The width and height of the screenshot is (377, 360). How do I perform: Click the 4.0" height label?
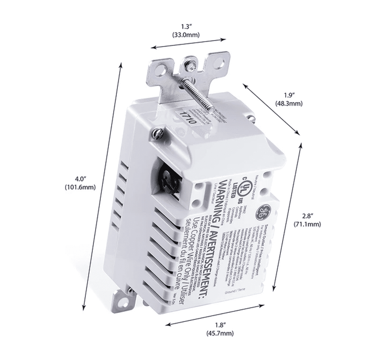click(x=81, y=179)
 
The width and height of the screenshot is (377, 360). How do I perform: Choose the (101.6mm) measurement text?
click(x=81, y=188)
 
